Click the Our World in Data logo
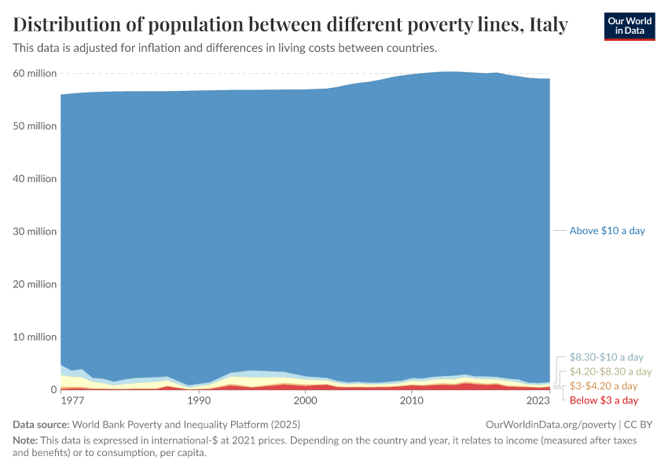pyautogui.click(x=629, y=26)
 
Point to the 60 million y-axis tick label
pyautogui.click(x=35, y=74)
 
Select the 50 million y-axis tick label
pyautogui.click(x=35, y=126)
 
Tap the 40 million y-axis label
pyautogui.click(x=35, y=179)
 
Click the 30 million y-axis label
pyautogui.click(x=35, y=232)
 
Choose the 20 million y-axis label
pyautogui.click(x=35, y=284)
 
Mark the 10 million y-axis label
pyautogui.click(x=35, y=337)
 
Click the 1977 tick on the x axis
pyautogui.click(x=72, y=400)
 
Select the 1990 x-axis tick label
pyautogui.click(x=199, y=400)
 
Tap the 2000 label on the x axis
pyautogui.click(x=305, y=400)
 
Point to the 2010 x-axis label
pyautogui.click(x=411, y=400)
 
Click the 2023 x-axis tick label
pyautogui.click(x=538, y=400)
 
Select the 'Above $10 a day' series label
pyautogui.click(x=607, y=231)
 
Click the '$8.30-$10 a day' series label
pyautogui.click(x=606, y=357)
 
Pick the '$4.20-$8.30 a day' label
pyautogui.click(x=611, y=371)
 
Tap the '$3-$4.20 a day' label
pyautogui.click(x=603, y=386)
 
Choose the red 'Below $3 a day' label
pyautogui.click(x=604, y=400)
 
